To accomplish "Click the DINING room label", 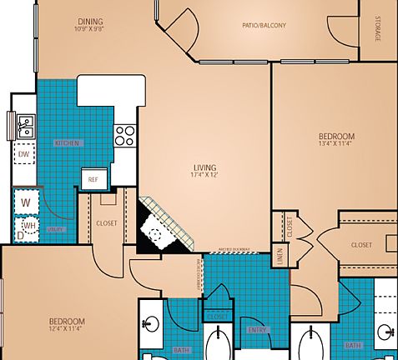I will (x=91, y=22).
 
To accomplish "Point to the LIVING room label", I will (x=204, y=167).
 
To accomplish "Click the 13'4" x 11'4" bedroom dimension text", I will (x=336, y=143).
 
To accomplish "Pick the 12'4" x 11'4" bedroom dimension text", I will (x=66, y=329).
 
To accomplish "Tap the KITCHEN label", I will (x=68, y=143).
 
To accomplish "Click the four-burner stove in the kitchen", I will (x=124, y=135).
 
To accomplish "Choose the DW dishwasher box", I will (x=25, y=155).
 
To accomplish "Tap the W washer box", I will (x=26, y=202).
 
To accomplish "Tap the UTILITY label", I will (x=56, y=227).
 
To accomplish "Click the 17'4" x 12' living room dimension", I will (x=204, y=174).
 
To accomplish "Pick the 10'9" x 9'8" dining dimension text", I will (x=91, y=30).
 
